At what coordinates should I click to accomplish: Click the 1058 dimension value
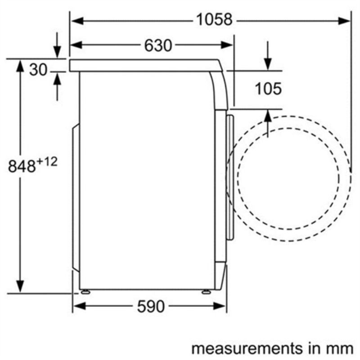[x=214, y=20]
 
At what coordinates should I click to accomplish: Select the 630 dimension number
[x=158, y=45]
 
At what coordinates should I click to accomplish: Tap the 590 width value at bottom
[x=151, y=307]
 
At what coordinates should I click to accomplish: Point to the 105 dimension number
[x=268, y=89]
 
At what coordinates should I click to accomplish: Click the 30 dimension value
[x=38, y=70]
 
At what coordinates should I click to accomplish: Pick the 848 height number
[x=22, y=166]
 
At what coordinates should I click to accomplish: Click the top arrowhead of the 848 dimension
[x=20, y=65]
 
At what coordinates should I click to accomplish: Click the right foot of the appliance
[x=206, y=292]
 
